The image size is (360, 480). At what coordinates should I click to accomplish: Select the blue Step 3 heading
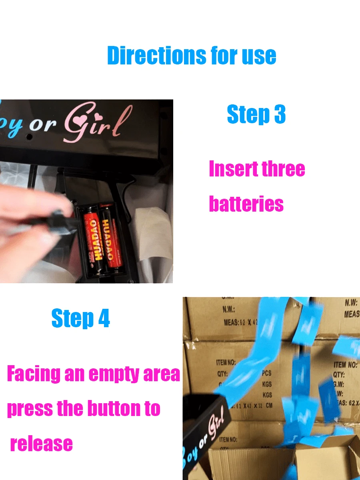(256, 114)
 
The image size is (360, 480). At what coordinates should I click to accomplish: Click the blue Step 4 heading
(80, 319)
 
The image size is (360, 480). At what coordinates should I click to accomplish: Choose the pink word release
(41, 444)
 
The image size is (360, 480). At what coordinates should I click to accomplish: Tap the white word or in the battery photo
(43, 125)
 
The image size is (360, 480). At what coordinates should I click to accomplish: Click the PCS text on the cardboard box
(266, 373)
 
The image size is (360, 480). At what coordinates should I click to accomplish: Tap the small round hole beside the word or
(29, 136)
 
